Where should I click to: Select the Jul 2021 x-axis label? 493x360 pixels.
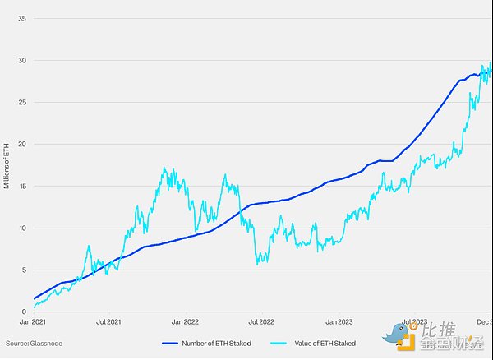[x=109, y=321]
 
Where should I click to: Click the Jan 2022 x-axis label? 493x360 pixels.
[x=185, y=321]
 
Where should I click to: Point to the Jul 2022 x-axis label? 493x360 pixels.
[x=260, y=321]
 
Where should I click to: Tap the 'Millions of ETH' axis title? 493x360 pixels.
[x=7, y=164]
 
